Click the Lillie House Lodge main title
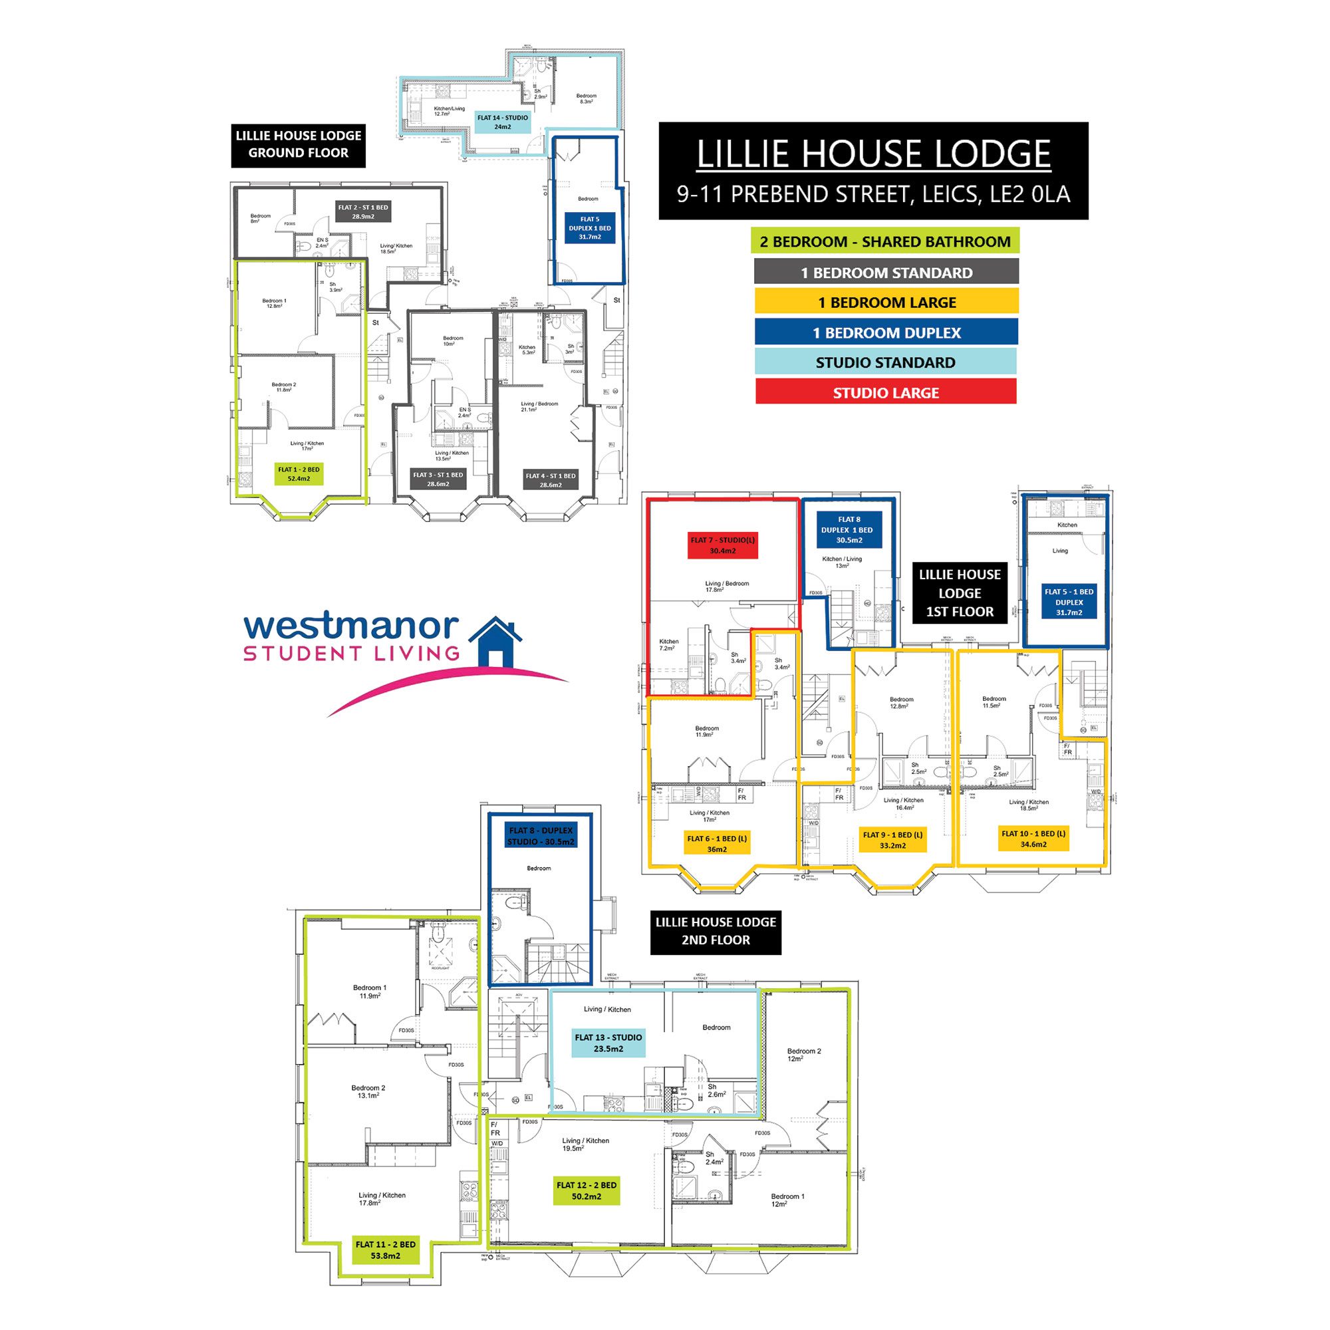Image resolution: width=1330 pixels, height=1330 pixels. pyautogui.click(x=873, y=154)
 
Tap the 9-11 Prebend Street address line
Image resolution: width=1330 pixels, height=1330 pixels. pyautogui.click(x=873, y=195)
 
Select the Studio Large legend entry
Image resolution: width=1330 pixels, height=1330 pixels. pyautogui.click(x=885, y=393)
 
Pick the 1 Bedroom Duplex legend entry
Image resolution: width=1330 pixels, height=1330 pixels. pyautogui.click(x=886, y=333)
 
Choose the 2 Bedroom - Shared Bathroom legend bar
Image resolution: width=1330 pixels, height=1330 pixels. pyautogui.click(x=884, y=241)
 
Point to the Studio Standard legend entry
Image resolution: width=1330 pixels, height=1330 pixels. pyautogui.click(x=885, y=363)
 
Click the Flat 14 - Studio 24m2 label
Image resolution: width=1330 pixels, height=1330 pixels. pyautogui.click(x=503, y=122)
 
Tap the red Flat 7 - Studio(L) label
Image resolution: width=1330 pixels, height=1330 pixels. pyautogui.click(x=722, y=545)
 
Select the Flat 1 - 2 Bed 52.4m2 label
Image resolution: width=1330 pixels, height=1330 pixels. pyautogui.click(x=299, y=473)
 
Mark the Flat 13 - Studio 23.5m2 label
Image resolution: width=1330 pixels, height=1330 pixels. pyautogui.click(x=608, y=1043)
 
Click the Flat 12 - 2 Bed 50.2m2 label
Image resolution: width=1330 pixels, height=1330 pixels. pyautogui.click(x=587, y=1191)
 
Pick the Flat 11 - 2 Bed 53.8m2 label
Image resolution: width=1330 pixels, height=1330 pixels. pyautogui.click(x=386, y=1250)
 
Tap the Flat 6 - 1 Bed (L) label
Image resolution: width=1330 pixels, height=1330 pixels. pyautogui.click(x=717, y=844)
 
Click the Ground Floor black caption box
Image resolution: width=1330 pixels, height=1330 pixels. pyautogui.click(x=298, y=144)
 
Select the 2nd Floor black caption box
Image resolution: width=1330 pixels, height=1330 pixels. pyautogui.click(x=716, y=931)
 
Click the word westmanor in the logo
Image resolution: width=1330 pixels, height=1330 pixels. pyautogui.click(x=351, y=626)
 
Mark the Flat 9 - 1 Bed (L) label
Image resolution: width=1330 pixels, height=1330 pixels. pyautogui.click(x=892, y=840)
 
